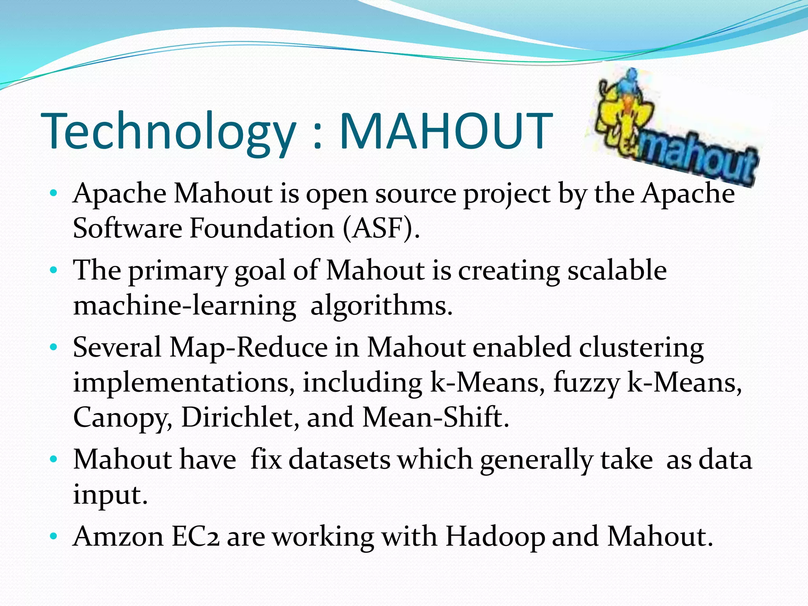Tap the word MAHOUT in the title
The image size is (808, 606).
click(446, 131)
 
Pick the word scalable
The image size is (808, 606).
click(617, 271)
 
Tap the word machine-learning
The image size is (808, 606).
click(185, 306)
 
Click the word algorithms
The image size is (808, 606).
click(381, 306)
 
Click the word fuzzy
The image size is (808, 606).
click(586, 383)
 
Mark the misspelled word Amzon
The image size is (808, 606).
click(118, 537)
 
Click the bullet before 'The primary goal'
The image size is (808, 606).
click(54, 271)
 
